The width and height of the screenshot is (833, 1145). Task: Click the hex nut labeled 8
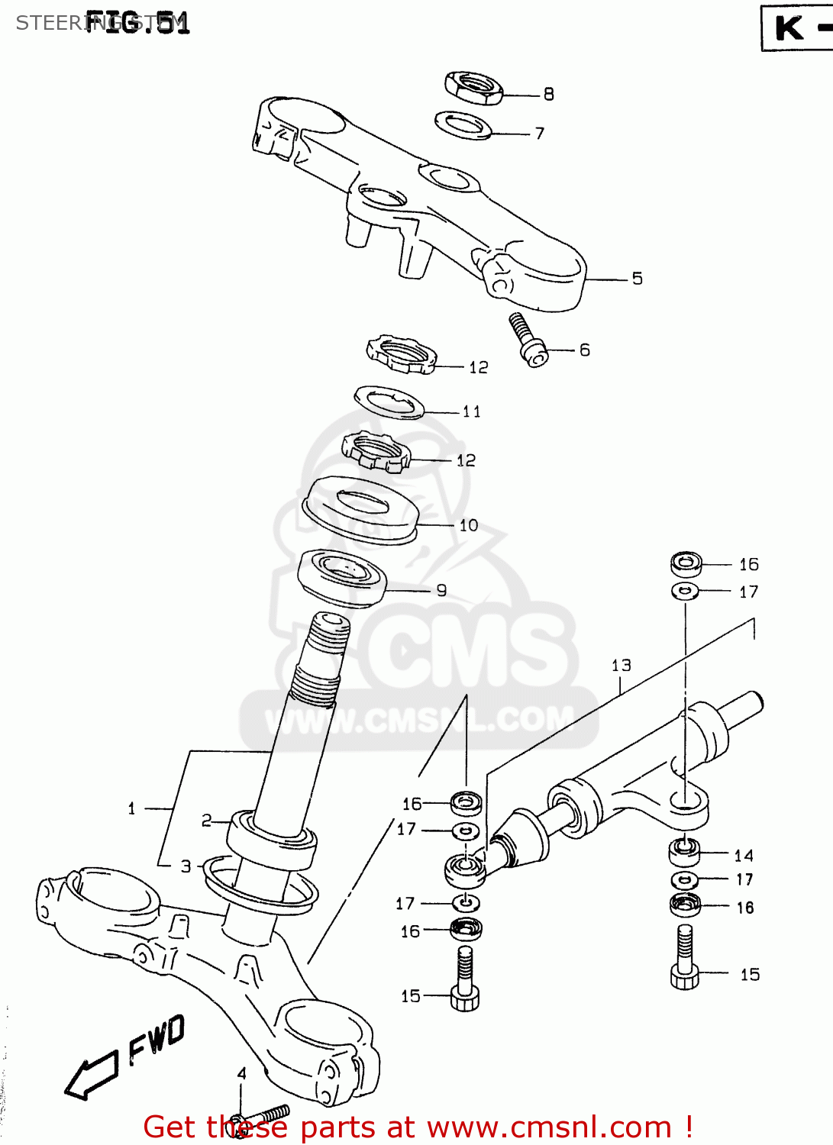tap(473, 88)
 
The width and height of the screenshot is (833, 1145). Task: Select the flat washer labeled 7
tap(463, 125)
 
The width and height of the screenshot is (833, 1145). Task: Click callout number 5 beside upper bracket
tap(637, 279)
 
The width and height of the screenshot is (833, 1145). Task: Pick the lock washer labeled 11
tap(389, 402)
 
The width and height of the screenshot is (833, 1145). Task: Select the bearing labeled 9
tap(342, 577)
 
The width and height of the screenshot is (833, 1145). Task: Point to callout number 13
tap(621, 666)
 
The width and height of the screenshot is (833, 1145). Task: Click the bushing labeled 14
tap(684, 850)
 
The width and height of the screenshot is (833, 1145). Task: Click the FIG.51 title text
tap(137, 22)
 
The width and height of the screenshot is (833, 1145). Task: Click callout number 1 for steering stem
tap(131, 808)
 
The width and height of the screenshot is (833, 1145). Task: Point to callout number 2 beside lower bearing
tap(206, 821)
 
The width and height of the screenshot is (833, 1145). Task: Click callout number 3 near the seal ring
tap(186, 866)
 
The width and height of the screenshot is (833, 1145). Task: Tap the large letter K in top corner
tap(789, 28)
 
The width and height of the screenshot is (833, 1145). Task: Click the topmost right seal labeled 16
tap(686, 564)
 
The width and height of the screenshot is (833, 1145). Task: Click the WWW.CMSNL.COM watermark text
tap(419, 719)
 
